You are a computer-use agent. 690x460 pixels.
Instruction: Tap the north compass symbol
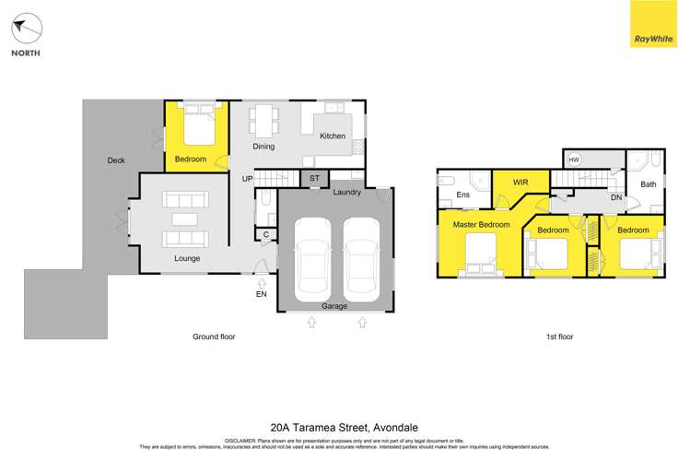point(27,29)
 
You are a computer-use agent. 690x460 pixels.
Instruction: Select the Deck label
point(116,160)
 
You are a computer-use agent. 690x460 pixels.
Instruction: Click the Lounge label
point(187,258)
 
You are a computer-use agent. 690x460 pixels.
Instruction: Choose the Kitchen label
point(333,136)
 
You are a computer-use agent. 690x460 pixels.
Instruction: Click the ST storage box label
point(313,178)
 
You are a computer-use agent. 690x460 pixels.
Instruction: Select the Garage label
point(334,305)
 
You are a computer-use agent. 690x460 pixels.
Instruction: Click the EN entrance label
point(261,294)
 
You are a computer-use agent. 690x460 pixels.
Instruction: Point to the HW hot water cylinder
point(574,159)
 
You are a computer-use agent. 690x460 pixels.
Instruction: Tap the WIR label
point(520,182)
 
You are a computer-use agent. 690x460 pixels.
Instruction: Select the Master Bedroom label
point(481,225)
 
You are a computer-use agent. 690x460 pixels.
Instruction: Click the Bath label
point(649,184)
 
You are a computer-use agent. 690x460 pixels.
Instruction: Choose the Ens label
point(463,195)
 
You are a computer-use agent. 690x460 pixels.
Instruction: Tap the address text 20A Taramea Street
point(345,428)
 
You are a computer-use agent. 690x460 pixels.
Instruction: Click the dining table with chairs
point(266,118)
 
